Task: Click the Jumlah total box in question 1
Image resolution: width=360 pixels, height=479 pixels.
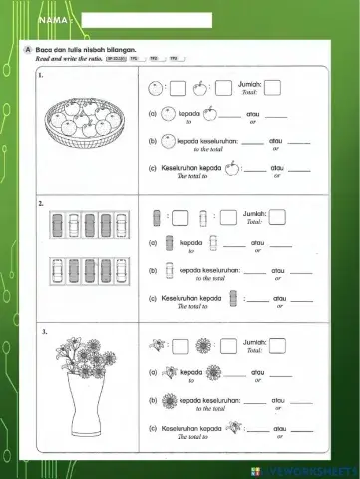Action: click(273, 86)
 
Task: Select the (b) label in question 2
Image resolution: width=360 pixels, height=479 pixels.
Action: click(152, 270)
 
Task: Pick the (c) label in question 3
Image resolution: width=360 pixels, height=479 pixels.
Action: click(152, 428)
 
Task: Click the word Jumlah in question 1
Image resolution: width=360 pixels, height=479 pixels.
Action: click(252, 85)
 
